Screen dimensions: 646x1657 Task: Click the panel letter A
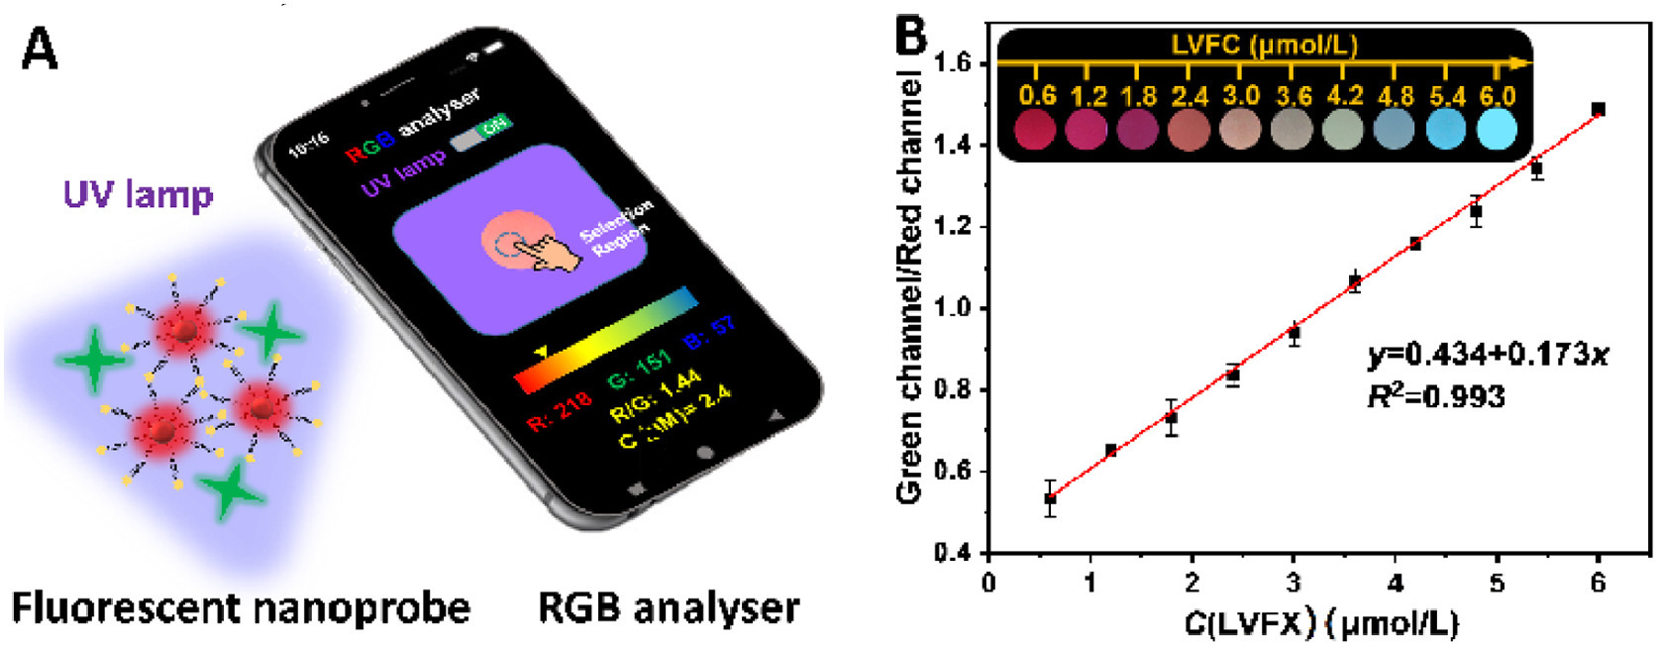click(x=40, y=48)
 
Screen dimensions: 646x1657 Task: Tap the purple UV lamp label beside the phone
click(x=138, y=195)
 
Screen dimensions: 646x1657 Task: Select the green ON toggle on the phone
click(x=494, y=126)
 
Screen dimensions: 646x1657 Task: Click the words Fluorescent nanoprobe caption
click(x=241, y=607)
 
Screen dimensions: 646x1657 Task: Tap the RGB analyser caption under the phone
click(x=669, y=607)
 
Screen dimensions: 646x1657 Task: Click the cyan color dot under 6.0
click(x=1496, y=130)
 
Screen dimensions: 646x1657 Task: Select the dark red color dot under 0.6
click(x=1036, y=130)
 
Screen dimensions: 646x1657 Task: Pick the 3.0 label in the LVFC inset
click(x=1240, y=96)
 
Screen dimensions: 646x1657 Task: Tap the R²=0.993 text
click(x=1436, y=396)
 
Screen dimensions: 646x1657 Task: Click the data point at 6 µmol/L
click(x=1598, y=109)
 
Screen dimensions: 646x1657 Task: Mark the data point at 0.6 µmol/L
click(x=1050, y=499)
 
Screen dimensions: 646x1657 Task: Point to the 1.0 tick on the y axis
click(x=955, y=308)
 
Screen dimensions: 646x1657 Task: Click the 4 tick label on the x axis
click(x=1395, y=583)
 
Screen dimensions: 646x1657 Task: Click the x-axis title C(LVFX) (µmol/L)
click(x=1321, y=623)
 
